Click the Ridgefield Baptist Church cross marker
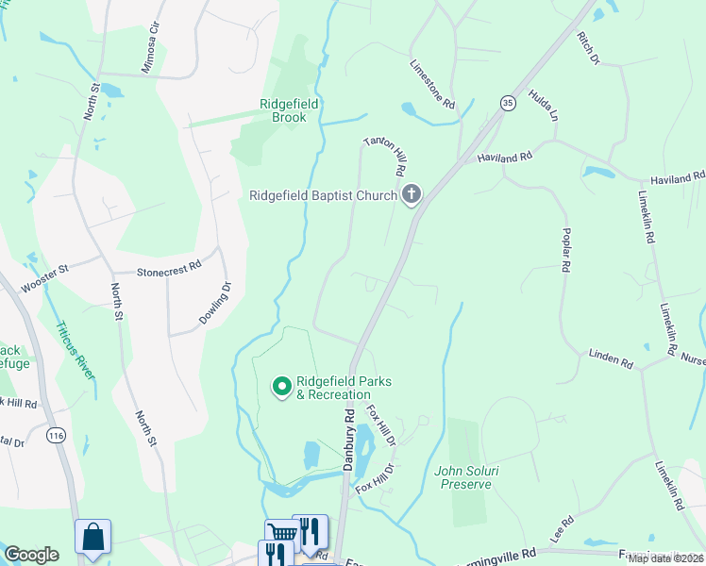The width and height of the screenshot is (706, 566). coord(411,195)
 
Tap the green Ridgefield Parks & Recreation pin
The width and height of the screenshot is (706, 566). coord(281,387)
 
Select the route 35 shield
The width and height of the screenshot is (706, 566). coord(508,102)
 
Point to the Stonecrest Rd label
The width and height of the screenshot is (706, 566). coord(169,267)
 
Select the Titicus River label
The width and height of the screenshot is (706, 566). coord(76,349)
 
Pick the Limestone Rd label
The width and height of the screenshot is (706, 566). coord(433,83)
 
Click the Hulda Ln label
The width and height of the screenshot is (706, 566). coord(544,105)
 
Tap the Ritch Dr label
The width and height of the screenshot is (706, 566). coord(588,48)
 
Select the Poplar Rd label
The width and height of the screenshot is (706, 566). coord(565,250)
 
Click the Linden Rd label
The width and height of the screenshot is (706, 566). coord(611,358)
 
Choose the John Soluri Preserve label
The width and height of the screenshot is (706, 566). coord(463,477)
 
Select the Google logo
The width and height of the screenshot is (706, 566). coord(31,555)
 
